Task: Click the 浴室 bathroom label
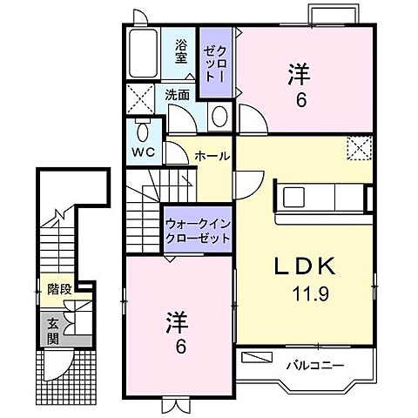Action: tap(181, 51)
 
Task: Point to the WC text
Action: tap(143, 151)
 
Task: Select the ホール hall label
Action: tap(212, 157)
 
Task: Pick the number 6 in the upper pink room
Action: tap(300, 99)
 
